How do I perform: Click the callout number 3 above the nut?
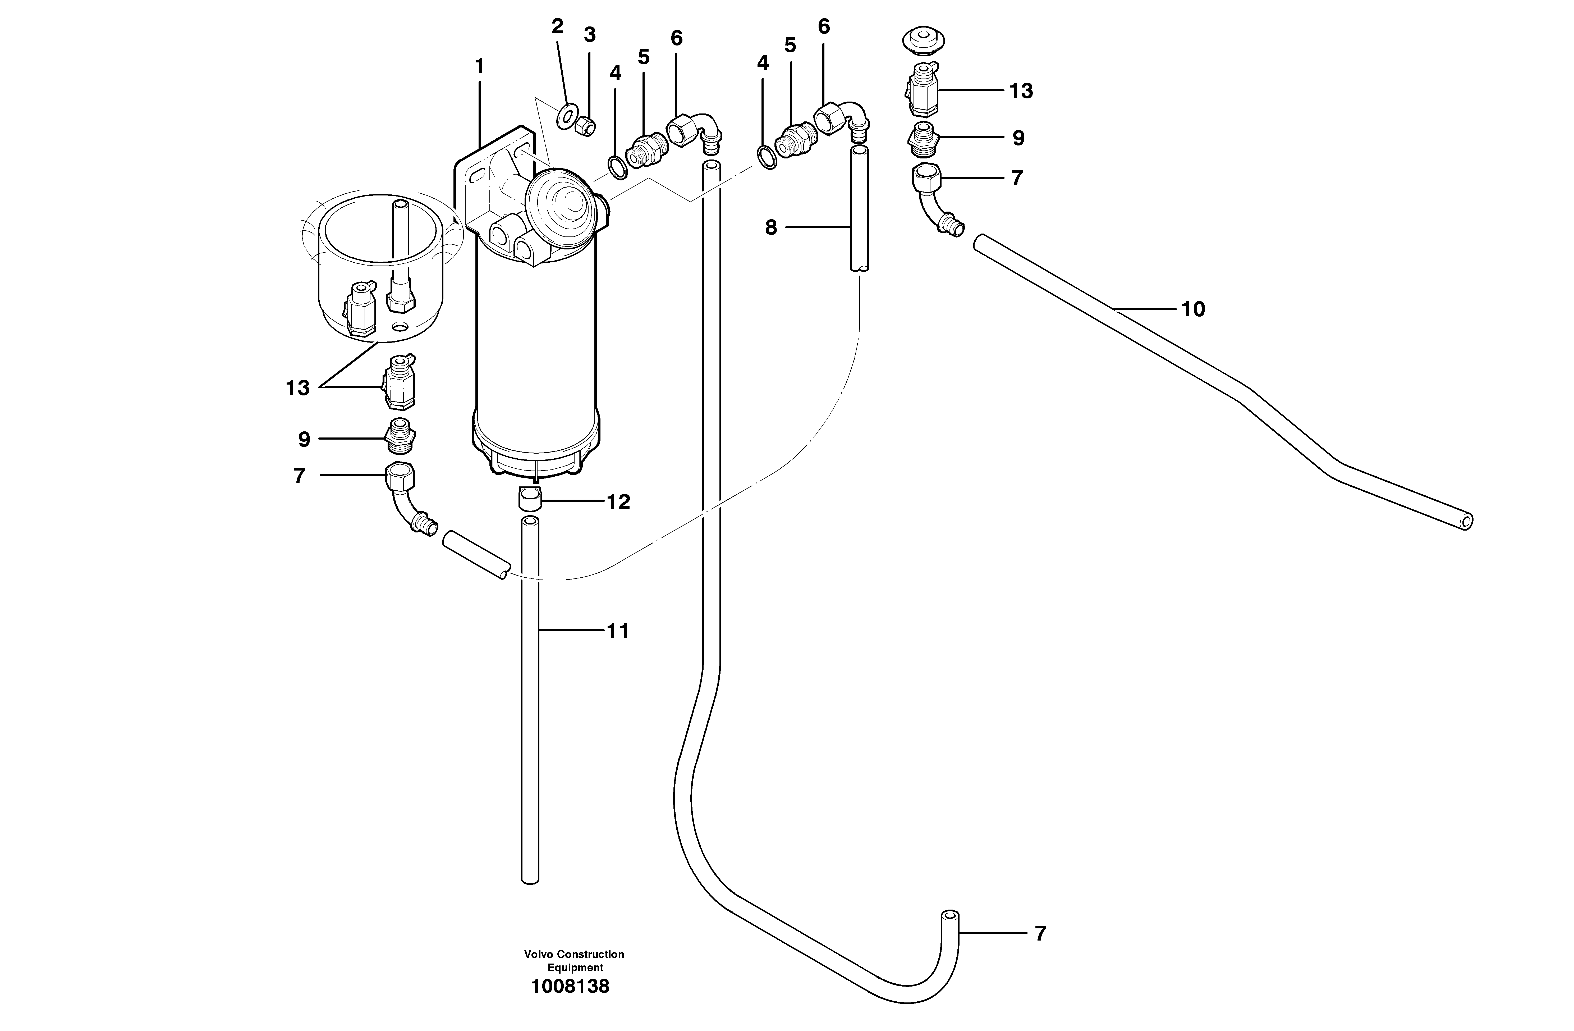589,35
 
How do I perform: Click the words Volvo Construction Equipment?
574,961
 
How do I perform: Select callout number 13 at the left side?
298,388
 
